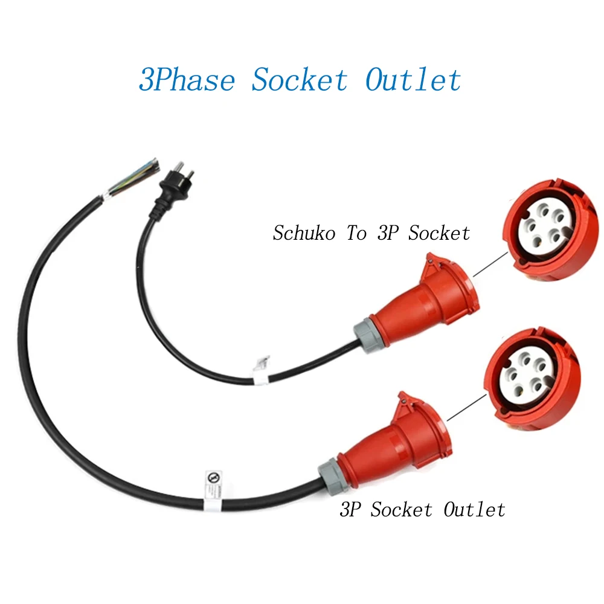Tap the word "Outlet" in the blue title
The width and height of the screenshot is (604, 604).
[x=413, y=80]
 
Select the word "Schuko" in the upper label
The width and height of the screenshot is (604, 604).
[x=304, y=233]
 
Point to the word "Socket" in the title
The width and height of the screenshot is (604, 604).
[x=300, y=80]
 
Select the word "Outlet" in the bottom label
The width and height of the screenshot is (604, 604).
[x=474, y=510]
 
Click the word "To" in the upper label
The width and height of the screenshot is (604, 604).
[x=356, y=233]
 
